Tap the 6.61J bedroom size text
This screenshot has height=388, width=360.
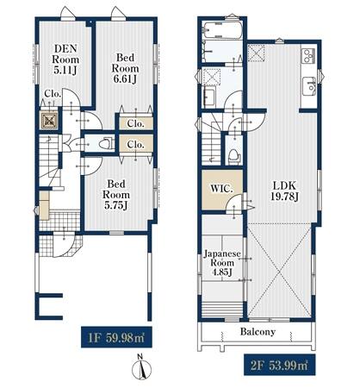[x=126, y=78]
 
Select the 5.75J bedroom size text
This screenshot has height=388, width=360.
[x=116, y=205]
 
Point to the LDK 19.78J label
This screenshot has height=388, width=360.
[x=284, y=191]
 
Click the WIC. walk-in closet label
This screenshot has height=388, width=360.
[x=221, y=189]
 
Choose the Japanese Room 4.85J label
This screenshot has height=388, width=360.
[x=222, y=263]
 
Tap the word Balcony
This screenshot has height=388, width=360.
[x=258, y=332]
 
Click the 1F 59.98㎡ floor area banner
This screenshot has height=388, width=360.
[x=116, y=337]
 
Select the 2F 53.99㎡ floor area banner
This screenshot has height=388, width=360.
[x=280, y=365]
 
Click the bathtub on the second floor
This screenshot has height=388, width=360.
[x=222, y=30]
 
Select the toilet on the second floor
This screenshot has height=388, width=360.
[x=233, y=157]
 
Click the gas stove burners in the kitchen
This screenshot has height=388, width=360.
[x=308, y=55]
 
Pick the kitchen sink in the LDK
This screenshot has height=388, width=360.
[x=309, y=85]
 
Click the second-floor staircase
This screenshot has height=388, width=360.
[x=211, y=140]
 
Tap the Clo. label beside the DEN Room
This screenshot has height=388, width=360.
[x=53, y=94]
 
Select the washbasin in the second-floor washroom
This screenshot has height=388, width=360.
[x=209, y=97]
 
